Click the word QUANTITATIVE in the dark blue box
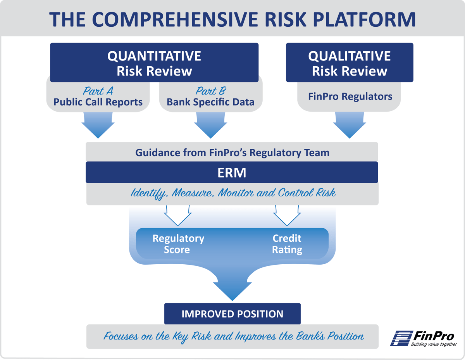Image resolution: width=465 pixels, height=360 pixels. [x=154, y=56]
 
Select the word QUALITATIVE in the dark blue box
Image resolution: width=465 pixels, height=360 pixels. [x=349, y=56]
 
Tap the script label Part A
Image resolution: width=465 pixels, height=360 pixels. [x=98, y=91]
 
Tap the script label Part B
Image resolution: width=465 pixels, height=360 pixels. [x=210, y=91]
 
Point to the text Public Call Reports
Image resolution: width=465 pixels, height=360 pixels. [x=98, y=102]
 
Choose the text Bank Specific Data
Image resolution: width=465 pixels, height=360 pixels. [x=210, y=102]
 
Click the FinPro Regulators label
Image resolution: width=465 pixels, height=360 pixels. [x=350, y=96]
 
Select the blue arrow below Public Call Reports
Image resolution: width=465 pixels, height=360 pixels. [x=98, y=125]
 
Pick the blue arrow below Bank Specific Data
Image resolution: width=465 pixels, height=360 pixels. [x=210, y=125]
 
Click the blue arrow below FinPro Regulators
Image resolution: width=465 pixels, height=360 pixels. [x=350, y=125]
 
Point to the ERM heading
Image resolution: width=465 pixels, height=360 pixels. [x=232, y=172]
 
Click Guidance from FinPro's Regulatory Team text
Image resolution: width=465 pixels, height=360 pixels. [x=232, y=153]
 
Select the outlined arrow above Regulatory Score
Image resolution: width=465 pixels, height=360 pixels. [x=177, y=215]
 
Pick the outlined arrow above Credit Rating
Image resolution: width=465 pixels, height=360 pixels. [x=287, y=215]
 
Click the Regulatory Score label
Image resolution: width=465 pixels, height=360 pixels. [x=178, y=244]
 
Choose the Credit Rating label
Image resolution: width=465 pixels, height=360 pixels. [x=287, y=244]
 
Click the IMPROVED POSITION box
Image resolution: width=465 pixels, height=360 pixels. [x=232, y=313]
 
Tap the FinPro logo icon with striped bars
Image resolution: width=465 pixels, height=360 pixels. [x=401, y=338]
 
